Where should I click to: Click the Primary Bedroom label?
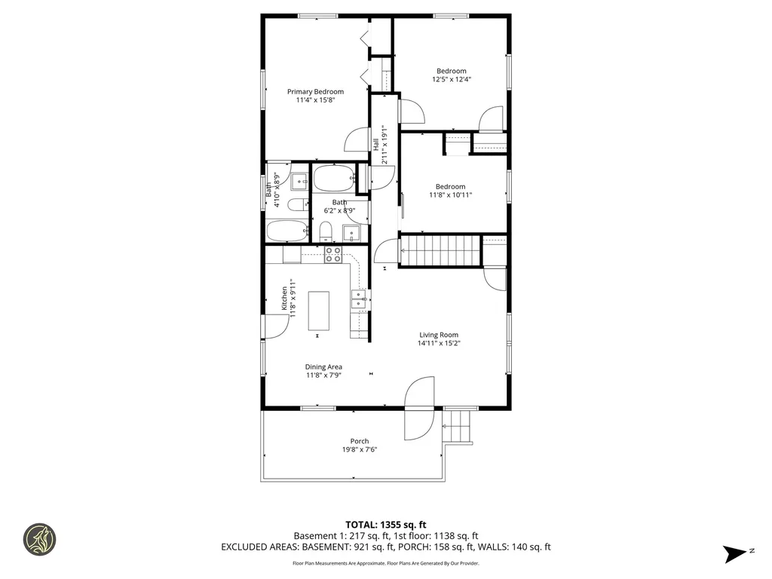(315, 92)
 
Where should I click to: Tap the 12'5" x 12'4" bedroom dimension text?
(452, 79)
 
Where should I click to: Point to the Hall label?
(376, 144)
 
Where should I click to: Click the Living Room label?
(439, 335)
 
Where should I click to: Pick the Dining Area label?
(323, 367)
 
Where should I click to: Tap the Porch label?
(360, 441)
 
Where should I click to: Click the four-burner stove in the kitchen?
(332, 255)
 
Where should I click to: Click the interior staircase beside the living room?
(440, 251)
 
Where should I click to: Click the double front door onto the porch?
(418, 408)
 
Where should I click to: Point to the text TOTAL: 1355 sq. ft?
(386, 524)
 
